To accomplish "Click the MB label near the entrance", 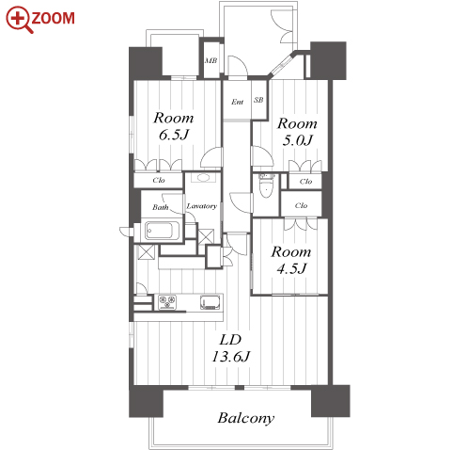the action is tap(211, 60).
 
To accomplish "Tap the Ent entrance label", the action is tap(237, 102).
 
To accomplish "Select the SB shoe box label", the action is tap(258, 100).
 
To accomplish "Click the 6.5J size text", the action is tap(174, 136).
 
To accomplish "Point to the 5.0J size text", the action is tap(297, 140).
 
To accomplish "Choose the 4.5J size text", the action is tap(291, 268).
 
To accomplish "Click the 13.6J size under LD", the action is tap(231, 357).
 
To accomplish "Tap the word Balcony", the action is tap(246, 418).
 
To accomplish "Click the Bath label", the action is tap(161, 207).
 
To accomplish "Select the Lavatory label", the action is tap(202, 206).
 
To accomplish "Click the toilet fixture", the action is tap(266, 185).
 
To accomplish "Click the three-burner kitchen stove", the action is tap(167, 302).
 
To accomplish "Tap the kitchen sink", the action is tap(211, 302).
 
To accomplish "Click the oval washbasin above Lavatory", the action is tap(202, 178).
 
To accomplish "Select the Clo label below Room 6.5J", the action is tap(159, 180).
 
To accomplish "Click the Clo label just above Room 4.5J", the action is tap(301, 205).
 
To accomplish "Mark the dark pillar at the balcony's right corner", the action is tap(330, 401).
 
